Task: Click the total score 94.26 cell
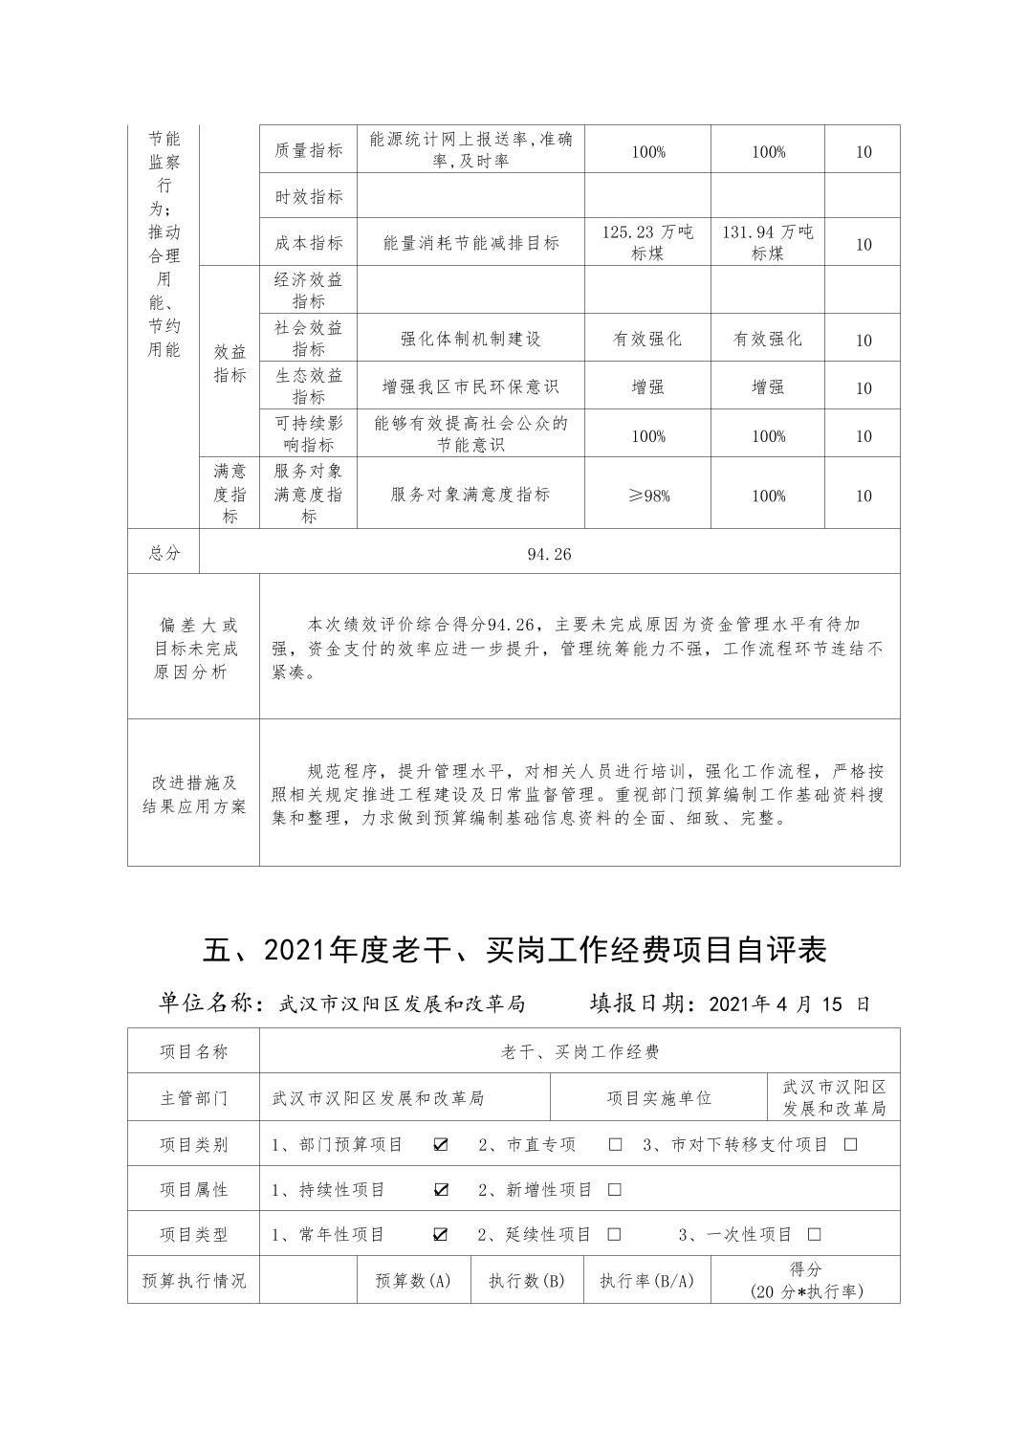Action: pos(549,553)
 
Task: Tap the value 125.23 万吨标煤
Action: pos(647,242)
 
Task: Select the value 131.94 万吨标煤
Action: pos(768,242)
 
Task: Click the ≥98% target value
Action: pos(647,496)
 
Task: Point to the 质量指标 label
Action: pos(308,150)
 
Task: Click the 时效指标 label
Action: pos(308,196)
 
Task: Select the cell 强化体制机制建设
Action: pos(470,339)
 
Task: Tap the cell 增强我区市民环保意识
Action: pos(470,386)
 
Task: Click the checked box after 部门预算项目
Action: pos(441,1144)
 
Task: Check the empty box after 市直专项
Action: pos(615,1144)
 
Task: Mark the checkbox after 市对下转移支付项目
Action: pos(850,1144)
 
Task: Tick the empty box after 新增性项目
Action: pos(615,1189)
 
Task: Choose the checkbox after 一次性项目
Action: pos(814,1234)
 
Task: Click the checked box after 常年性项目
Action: pos(441,1234)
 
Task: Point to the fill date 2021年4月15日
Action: pos(790,1003)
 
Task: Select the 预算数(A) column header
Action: pos(413,1280)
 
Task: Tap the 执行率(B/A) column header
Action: pos(646,1280)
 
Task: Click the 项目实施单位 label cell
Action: pos(659,1098)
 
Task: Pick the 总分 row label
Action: pos(164,553)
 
